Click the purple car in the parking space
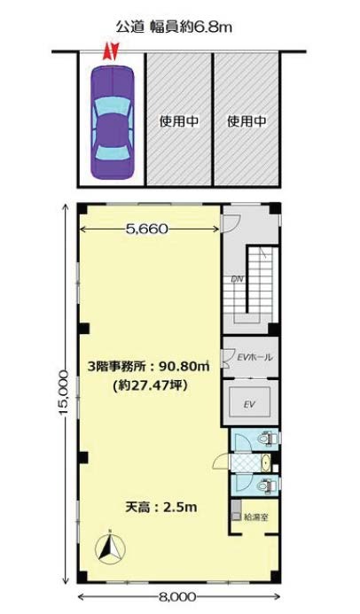pos(113,121)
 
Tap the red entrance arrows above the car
pos(111,51)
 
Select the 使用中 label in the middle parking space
pos(179,121)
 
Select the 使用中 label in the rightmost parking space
pos(247,121)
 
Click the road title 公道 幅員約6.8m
pos(174,27)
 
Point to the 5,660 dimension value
pos(146,229)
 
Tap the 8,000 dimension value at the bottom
pos(178,597)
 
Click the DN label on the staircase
pos(236,280)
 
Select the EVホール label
pos(255,357)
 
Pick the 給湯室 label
pos(256,517)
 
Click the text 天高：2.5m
pos(161,508)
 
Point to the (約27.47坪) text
pos(148,386)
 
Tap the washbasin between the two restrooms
pos(266,462)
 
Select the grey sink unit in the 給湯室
pos(236,510)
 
